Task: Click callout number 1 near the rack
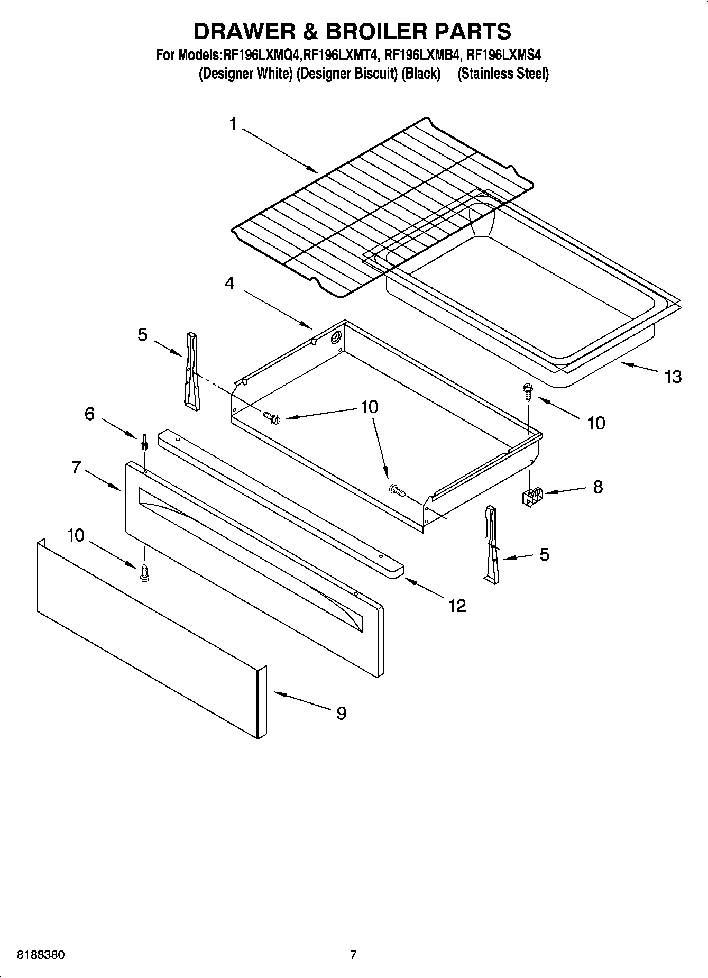tap(233, 124)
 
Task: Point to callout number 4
tap(229, 284)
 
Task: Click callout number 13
tap(673, 377)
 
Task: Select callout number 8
tap(597, 487)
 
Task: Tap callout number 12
tap(457, 606)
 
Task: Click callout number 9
tap(341, 714)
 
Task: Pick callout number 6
tap(89, 414)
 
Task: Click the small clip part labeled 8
tap(531, 497)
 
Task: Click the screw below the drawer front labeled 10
tap(143, 573)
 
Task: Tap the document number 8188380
tap(41, 955)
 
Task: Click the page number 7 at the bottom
tap(353, 955)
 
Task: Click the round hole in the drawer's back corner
tap(335, 339)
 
